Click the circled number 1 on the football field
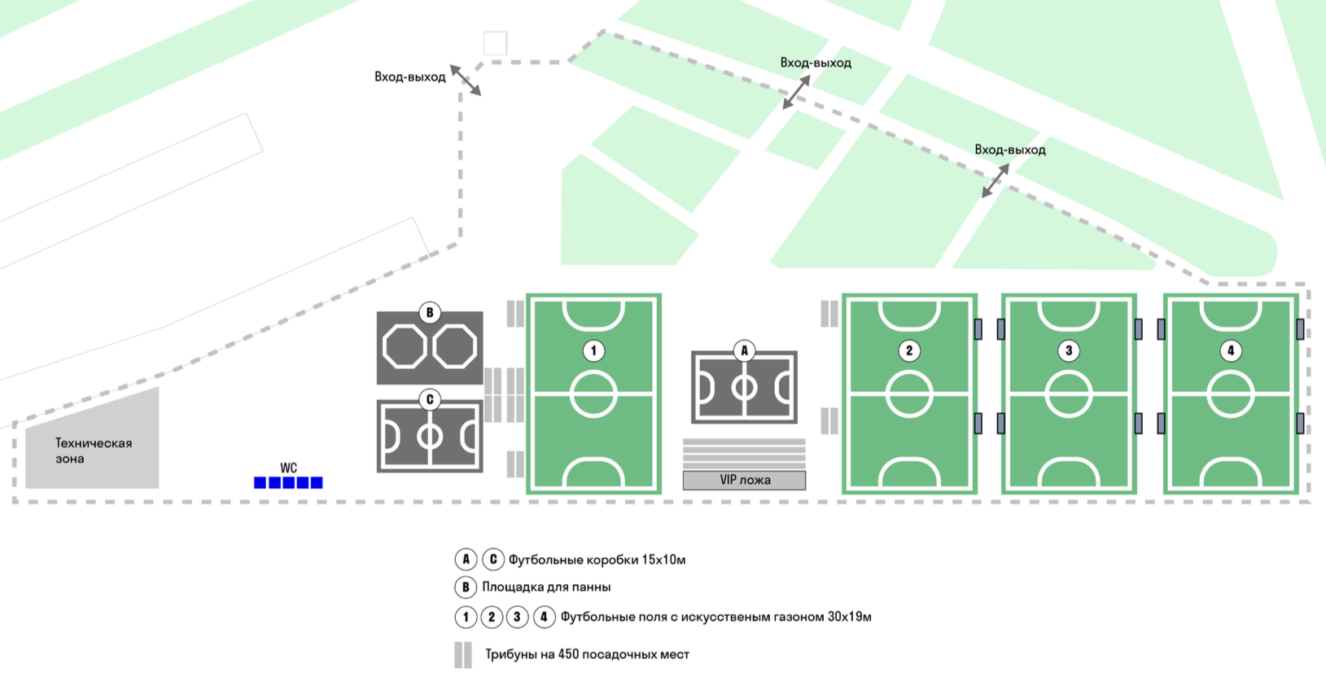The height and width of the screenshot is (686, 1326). (x=593, y=351)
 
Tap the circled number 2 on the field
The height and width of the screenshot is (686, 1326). (x=909, y=351)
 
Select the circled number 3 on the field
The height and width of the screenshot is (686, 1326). (x=1069, y=351)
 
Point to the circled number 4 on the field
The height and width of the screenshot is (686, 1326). (x=1231, y=351)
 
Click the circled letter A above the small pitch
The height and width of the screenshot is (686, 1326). (x=744, y=351)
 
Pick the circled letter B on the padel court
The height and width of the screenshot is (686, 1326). (x=430, y=313)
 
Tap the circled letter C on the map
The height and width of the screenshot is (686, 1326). (x=430, y=400)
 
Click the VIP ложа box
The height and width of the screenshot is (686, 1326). (x=744, y=481)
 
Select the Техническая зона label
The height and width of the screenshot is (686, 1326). (x=93, y=451)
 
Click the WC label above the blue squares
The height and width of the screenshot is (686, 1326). (x=288, y=468)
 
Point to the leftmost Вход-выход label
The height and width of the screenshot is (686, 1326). (x=409, y=77)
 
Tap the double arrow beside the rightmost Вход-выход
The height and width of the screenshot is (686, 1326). (x=995, y=180)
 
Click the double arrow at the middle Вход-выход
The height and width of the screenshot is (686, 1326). (x=796, y=92)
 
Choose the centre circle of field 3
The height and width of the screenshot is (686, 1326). (x=1069, y=394)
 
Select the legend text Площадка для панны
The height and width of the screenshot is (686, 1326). (x=546, y=587)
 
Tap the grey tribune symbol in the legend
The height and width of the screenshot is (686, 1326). (x=463, y=655)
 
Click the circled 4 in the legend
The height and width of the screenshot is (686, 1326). (x=544, y=618)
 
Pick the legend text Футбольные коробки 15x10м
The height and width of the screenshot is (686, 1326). (x=597, y=561)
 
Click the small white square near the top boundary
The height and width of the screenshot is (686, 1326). (x=495, y=43)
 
